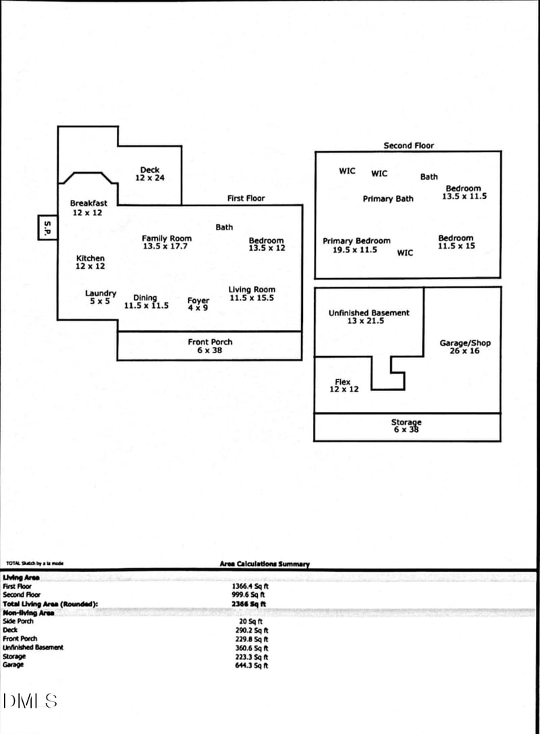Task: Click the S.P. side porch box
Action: pos(47,228)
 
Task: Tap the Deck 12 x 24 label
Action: pos(150,174)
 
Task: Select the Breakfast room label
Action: pos(88,208)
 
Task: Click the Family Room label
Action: pos(166,242)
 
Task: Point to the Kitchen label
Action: pos(90,262)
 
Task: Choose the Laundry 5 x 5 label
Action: pos(101,297)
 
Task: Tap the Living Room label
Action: pos(251,294)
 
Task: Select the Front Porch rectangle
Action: pos(209,346)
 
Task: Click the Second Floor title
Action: pos(408,145)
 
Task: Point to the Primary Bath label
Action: pos(388,199)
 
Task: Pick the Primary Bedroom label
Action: pos(356,245)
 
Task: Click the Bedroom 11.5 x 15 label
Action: pos(456,242)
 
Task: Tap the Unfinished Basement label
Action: pos(369,317)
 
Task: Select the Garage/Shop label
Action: pos(465,347)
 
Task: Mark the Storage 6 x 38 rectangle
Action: pos(407,427)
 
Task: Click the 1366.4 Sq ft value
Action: pos(250,587)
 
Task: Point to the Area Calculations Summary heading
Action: pos(265,564)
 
